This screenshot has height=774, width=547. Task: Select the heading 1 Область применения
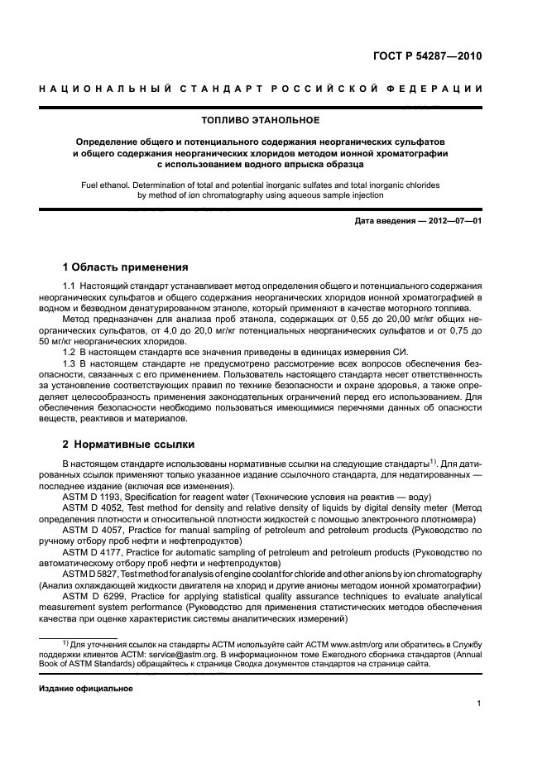(125, 267)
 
